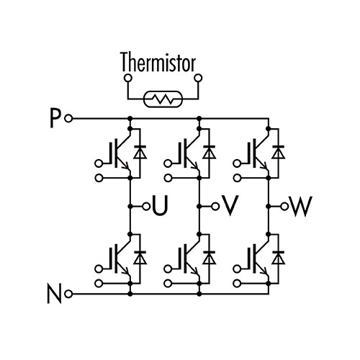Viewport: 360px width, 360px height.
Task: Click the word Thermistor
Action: point(158,62)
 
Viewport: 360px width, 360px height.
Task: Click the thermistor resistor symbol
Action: point(163,99)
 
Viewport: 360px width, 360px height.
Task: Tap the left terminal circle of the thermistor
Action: point(127,78)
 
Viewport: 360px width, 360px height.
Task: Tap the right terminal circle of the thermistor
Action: point(198,78)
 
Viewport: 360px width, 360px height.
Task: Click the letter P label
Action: point(55,119)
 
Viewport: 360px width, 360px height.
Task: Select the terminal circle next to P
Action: point(68,118)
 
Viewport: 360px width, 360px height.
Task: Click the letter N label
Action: point(54,294)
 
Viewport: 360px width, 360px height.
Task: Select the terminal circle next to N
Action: point(68,294)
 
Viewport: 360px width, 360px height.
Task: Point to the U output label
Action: point(160,206)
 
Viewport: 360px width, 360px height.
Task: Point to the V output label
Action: point(230,206)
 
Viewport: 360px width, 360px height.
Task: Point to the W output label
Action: point(301,206)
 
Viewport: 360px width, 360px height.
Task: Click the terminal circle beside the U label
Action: point(146,206)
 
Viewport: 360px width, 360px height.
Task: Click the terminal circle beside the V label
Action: point(215,206)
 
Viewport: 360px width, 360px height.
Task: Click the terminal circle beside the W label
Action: point(284,206)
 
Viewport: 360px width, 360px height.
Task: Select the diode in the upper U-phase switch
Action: point(140,152)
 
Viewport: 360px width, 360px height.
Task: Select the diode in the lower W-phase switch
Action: point(279,258)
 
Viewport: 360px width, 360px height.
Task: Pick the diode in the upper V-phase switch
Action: point(210,152)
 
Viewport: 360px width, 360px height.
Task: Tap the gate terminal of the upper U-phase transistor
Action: point(99,163)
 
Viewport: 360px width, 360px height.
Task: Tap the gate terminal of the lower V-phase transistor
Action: point(168,269)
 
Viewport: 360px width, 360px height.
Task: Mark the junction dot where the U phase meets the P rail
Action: point(130,118)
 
